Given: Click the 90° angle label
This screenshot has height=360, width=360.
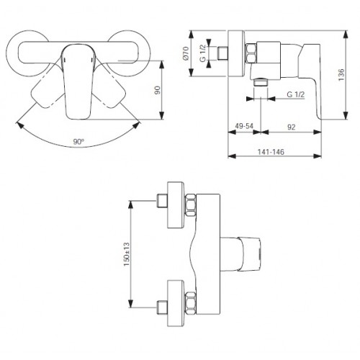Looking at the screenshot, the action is [78, 142].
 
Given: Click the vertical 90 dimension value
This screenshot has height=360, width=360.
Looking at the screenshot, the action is [158, 90].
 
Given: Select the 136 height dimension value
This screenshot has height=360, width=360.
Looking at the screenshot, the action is [341, 75].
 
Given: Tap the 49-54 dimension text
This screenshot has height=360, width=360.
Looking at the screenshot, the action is [244, 126].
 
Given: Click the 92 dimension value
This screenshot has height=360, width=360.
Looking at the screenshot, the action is [292, 127].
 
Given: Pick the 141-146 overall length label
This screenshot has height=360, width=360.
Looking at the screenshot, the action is [271, 152].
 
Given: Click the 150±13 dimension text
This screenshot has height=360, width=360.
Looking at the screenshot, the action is [126, 254].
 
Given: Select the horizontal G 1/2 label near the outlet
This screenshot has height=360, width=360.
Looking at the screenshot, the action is [296, 94].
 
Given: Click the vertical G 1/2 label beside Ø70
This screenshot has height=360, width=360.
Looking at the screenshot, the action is [203, 53].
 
